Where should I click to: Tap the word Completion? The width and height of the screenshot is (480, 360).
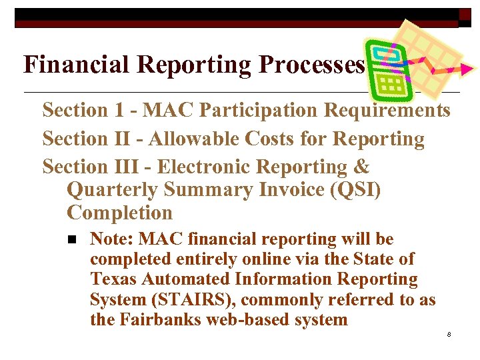coord(120,213)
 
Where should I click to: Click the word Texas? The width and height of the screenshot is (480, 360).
coord(113,279)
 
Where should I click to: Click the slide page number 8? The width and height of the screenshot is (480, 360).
coord(449,333)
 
